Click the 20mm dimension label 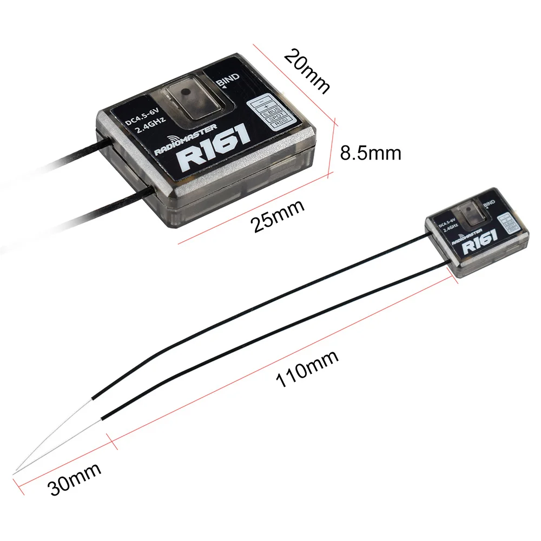coord(307,70)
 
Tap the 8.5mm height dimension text coord(371,153)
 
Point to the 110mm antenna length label coord(307,370)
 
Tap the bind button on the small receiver coord(465,213)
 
